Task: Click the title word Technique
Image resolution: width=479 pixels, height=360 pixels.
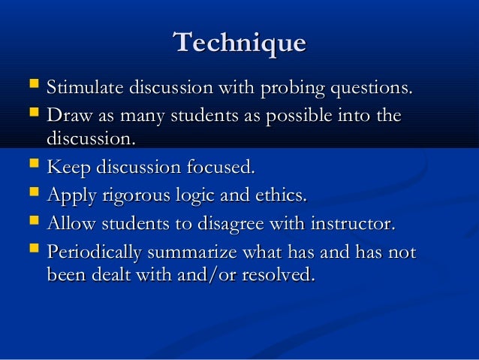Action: (239, 42)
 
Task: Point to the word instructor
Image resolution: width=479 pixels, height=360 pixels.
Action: (352, 224)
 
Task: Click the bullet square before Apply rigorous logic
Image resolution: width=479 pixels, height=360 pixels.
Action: (32, 195)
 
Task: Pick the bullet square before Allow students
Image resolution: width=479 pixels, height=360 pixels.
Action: (32, 222)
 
